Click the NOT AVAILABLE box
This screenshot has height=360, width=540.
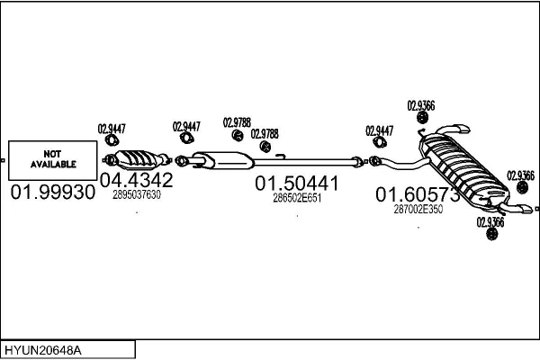coord(53,160)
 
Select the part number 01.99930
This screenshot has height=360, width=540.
coord(53,193)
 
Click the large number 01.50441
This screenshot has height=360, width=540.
coord(296,184)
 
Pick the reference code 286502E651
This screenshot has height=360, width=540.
coord(297,198)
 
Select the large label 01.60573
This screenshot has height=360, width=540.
coord(417,193)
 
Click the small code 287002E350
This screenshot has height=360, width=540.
coord(418,210)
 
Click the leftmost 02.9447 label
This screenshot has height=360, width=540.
coord(110,127)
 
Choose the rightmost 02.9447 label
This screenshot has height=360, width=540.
coord(379,130)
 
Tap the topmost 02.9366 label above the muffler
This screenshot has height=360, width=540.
coord(421,105)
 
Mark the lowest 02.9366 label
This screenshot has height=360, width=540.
coord(490,220)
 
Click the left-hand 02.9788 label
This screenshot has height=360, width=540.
coord(236,122)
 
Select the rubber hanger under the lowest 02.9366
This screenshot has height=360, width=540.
coord(491,236)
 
